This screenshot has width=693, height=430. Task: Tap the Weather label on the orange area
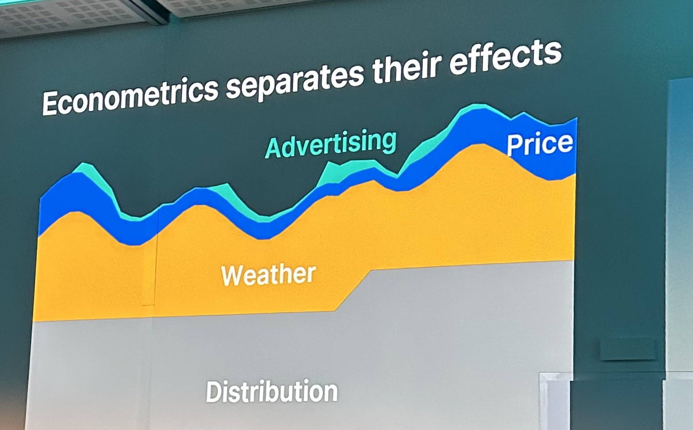click(x=268, y=275)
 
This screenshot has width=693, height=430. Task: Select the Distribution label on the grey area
click(x=271, y=391)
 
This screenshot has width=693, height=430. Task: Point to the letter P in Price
click(x=514, y=145)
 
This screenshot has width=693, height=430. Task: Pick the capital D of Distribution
click(x=214, y=392)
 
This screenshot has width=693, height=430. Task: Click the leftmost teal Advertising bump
click(x=93, y=173)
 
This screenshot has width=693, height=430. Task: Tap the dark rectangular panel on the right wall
click(x=628, y=350)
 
